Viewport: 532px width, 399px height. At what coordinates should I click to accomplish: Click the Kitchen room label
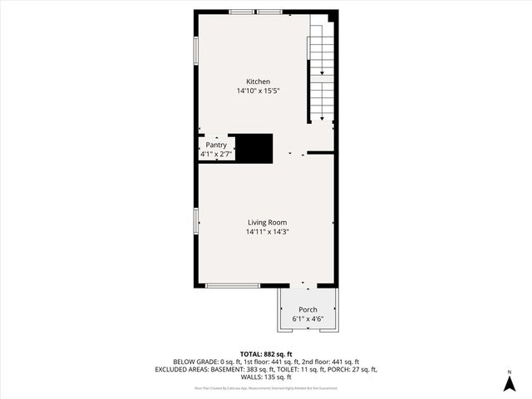[258, 81]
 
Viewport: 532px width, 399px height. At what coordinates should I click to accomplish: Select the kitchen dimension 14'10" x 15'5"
[258, 91]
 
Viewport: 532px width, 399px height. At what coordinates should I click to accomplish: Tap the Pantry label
[216, 145]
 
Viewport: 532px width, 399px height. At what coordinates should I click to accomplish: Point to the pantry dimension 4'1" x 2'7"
[216, 154]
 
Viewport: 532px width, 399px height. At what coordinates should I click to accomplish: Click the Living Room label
[267, 222]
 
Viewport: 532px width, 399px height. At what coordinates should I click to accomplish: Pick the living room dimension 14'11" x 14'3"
[267, 232]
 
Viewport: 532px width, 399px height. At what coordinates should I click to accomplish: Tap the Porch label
[308, 309]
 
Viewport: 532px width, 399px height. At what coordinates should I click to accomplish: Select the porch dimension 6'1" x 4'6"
[308, 319]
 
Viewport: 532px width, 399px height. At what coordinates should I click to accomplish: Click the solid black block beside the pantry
[253, 148]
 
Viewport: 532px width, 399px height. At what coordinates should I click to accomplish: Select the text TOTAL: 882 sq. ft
[266, 354]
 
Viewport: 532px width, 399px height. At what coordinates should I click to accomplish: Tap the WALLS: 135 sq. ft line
[266, 377]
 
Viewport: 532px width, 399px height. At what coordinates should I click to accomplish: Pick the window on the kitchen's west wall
[196, 51]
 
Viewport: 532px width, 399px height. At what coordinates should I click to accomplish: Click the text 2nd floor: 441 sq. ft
[323, 362]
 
